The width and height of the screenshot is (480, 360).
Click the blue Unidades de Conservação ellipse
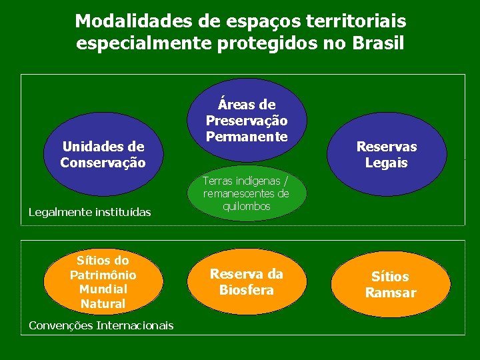(x=103, y=154)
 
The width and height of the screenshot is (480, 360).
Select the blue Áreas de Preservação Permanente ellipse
(x=246, y=120)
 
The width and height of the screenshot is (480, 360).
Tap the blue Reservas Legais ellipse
(x=386, y=155)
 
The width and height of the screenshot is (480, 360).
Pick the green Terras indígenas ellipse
(x=246, y=193)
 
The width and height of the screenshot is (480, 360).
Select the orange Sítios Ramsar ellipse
(x=390, y=285)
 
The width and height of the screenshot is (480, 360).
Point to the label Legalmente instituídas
(x=89, y=212)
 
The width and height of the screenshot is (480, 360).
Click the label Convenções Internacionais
(x=101, y=325)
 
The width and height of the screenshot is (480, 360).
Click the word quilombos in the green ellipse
(x=246, y=207)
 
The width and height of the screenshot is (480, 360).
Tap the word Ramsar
(x=390, y=293)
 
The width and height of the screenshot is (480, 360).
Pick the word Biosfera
(x=246, y=290)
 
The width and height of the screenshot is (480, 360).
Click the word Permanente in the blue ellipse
(x=246, y=136)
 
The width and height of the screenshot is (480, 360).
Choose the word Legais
(x=386, y=163)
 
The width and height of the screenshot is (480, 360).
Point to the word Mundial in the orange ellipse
(x=103, y=289)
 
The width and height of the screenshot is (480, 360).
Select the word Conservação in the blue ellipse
(x=103, y=162)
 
